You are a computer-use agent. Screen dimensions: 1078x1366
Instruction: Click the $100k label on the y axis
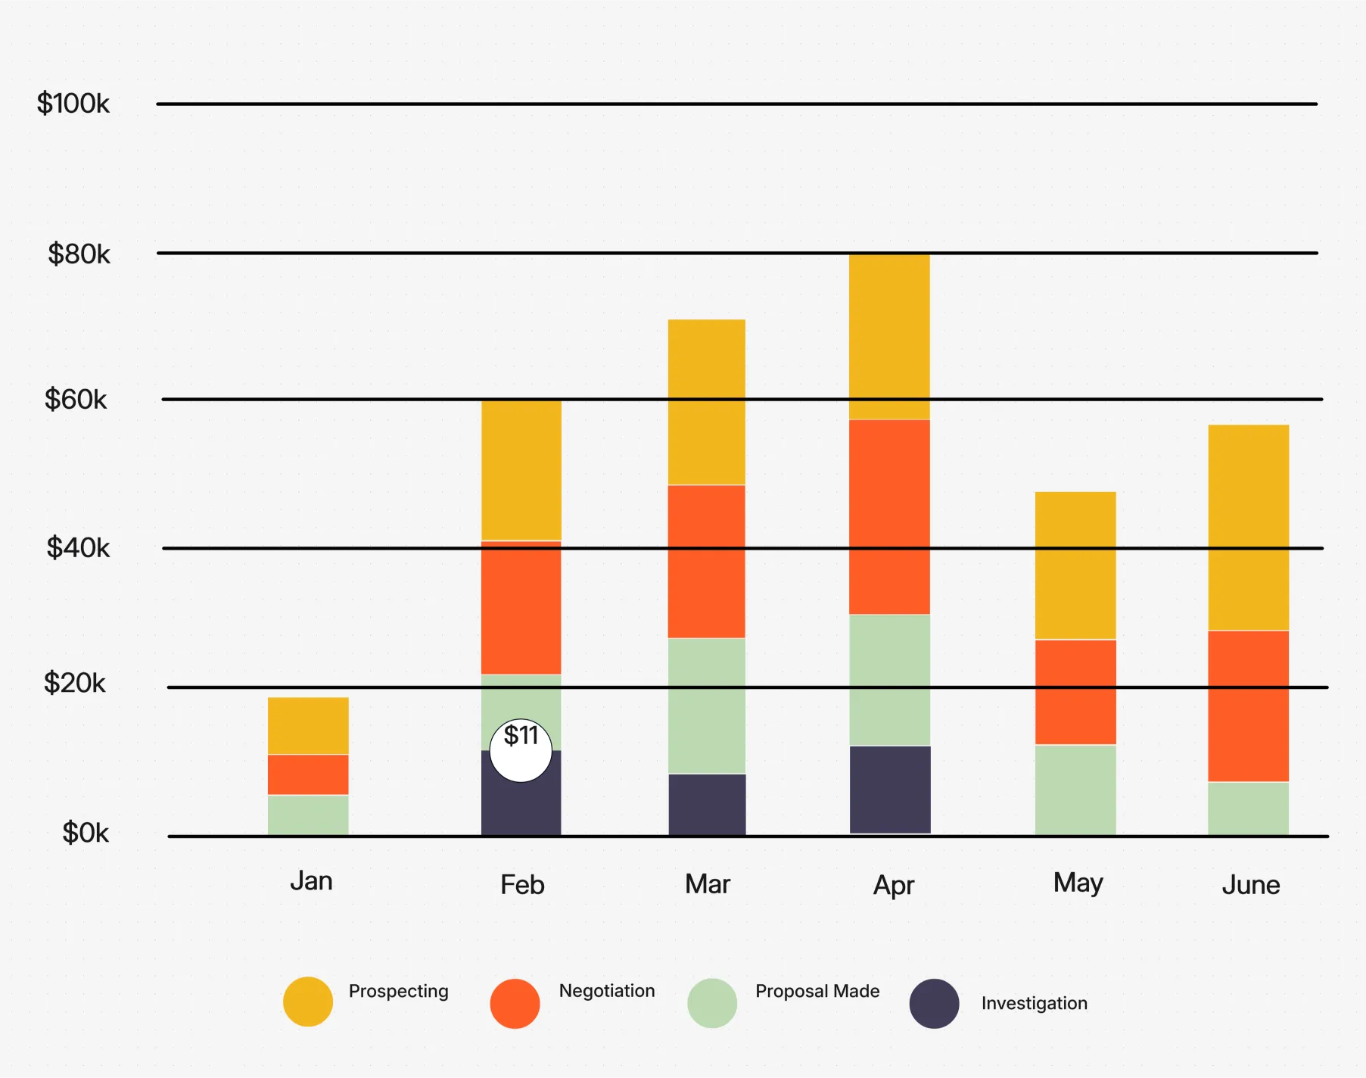click(73, 103)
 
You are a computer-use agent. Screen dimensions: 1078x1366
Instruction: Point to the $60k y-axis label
click(76, 399)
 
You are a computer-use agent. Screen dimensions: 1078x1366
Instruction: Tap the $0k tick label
click(85, 833)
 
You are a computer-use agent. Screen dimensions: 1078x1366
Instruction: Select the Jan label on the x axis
click(311, 881)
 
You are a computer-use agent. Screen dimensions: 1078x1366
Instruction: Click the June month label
click(1250, 885)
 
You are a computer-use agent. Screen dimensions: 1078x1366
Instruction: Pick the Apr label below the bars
click(894, 885)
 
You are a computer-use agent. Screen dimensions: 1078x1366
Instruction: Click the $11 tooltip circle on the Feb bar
click(521, 750)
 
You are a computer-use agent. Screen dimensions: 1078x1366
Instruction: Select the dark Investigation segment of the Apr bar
click(890, 790)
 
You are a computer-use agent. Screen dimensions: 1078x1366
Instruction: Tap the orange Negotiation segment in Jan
click(308, 774)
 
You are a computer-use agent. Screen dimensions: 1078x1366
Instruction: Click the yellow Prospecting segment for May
click(1075, 565)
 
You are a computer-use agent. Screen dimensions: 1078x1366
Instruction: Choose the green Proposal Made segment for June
click(1248, 808)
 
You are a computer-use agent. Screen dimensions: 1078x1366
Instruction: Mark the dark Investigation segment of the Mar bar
click(707, 804)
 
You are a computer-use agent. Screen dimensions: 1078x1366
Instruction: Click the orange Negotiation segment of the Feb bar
click(521, 608)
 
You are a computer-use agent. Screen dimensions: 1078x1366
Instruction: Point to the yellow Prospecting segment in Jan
click(308, 725)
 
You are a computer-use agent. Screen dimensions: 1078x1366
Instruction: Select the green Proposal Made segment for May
click(1075, 790)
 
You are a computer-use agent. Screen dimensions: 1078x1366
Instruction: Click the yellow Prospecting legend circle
click(308, 1002)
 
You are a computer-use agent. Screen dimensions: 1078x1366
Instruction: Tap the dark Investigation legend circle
click(934, 1004)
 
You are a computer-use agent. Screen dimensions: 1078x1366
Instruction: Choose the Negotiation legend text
click(607, 991)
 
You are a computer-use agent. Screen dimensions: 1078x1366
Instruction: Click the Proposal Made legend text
click(817, 991)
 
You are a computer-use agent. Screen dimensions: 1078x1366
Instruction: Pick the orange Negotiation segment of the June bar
click(1248, 706)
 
